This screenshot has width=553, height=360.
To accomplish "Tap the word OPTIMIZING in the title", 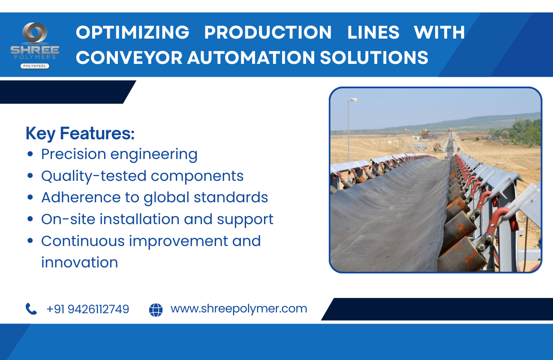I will (132, 33).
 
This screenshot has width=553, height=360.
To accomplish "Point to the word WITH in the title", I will (439, 33).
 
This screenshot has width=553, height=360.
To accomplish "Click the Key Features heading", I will (80, 134).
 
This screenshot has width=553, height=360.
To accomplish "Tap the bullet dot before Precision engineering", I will (30, 154).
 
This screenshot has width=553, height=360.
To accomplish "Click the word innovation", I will (79, 262).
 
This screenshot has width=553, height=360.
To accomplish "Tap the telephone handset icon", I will (31, 309).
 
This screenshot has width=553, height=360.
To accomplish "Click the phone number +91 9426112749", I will (87, 309).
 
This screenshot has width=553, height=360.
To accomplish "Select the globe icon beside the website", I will (156, 309).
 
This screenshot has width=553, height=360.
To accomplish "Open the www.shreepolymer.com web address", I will (239, 309).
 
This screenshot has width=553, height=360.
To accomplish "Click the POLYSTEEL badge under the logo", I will (35, 66).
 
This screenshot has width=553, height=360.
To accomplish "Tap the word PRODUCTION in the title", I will (268, 33).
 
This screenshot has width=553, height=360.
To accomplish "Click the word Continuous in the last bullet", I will (83, 241).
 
